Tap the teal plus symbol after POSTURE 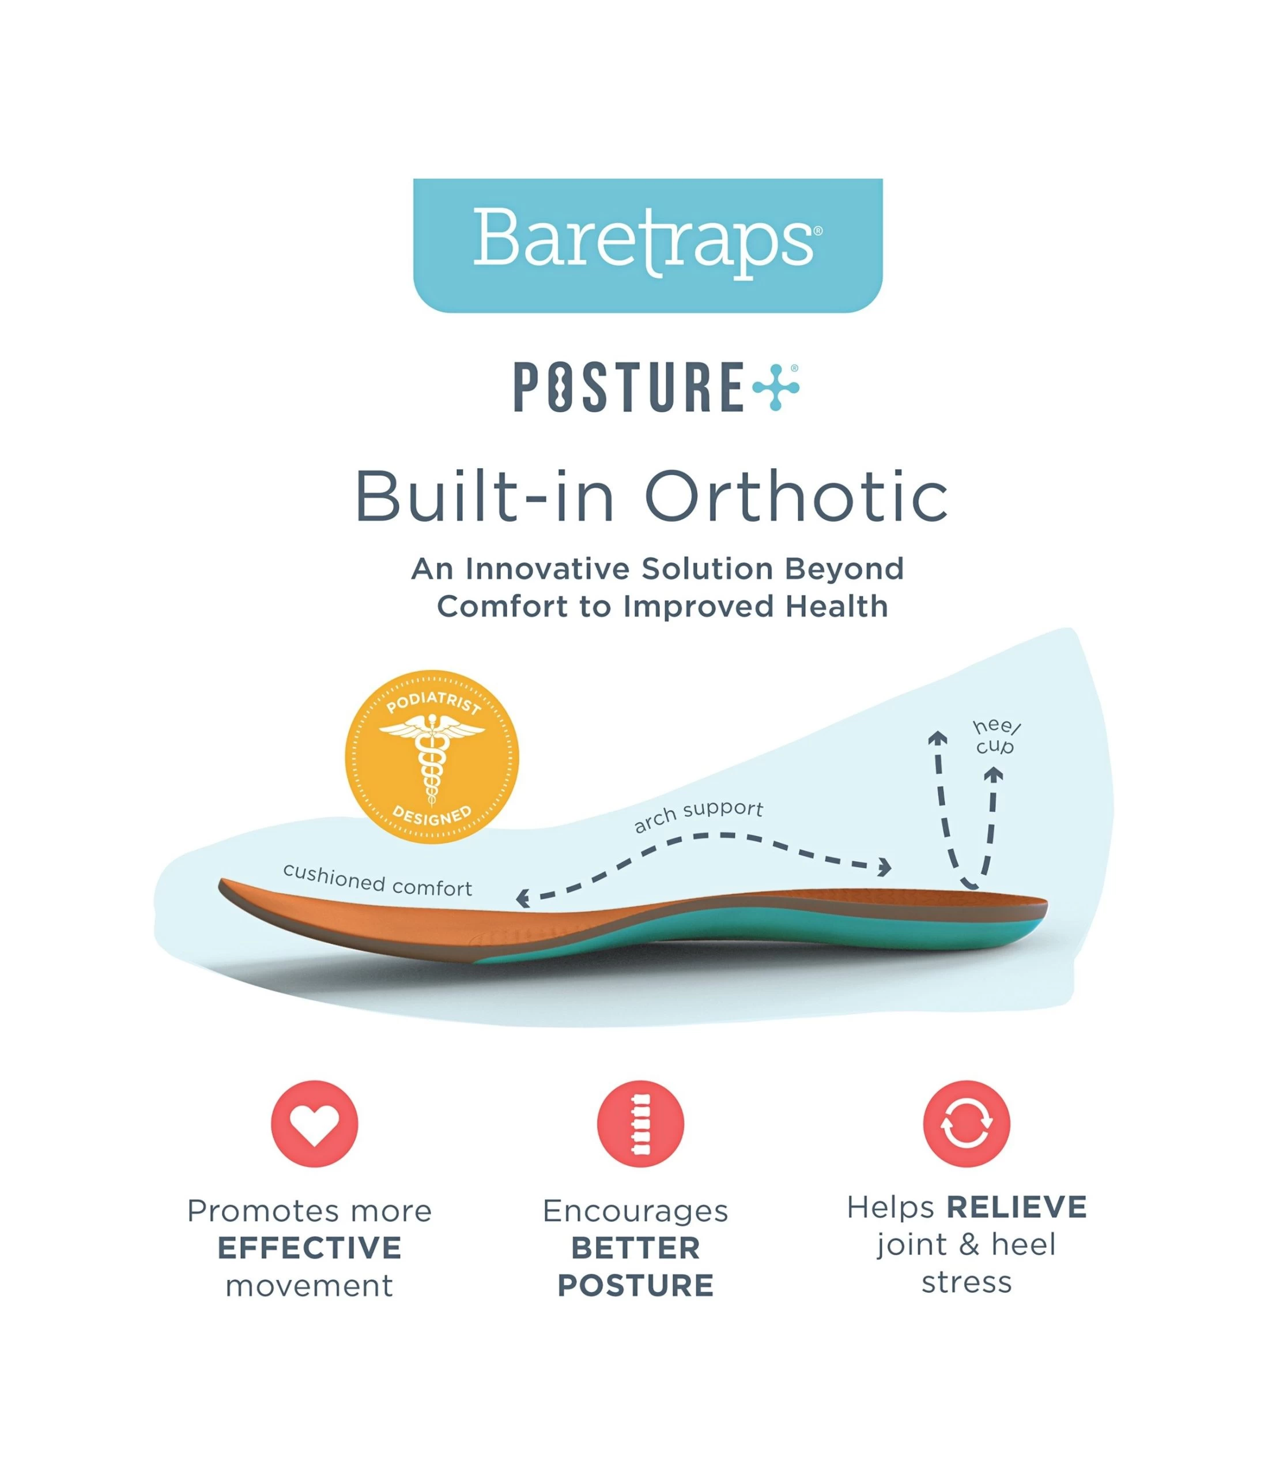775,387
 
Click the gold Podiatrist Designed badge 432,756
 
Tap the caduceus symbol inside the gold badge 432,756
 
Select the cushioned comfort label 378,880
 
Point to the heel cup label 995,737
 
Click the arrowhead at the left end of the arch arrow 523,898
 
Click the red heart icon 314,1123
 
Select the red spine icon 640,1123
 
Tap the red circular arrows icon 966,1123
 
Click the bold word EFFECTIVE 310,1248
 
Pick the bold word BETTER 636,1248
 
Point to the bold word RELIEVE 1016,1207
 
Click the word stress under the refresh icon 966,1282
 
